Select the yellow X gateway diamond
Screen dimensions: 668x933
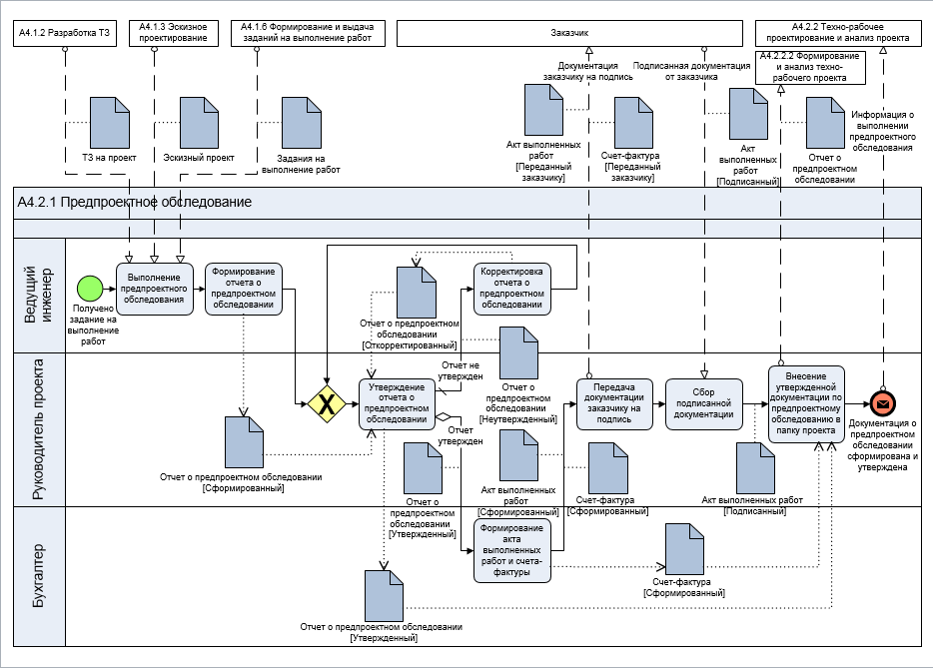327,403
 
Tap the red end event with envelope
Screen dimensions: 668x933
883,403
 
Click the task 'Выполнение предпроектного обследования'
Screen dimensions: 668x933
154,289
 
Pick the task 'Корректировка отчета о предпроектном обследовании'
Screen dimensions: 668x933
511,289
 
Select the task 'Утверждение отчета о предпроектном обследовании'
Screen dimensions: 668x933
397,403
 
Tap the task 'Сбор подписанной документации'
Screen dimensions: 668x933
704,403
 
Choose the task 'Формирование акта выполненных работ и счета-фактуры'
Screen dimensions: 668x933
511,549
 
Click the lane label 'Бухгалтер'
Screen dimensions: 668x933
39,576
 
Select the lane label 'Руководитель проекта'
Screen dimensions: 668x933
39,428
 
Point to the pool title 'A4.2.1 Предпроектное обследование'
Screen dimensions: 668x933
134,202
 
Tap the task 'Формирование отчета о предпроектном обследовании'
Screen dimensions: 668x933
244,289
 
